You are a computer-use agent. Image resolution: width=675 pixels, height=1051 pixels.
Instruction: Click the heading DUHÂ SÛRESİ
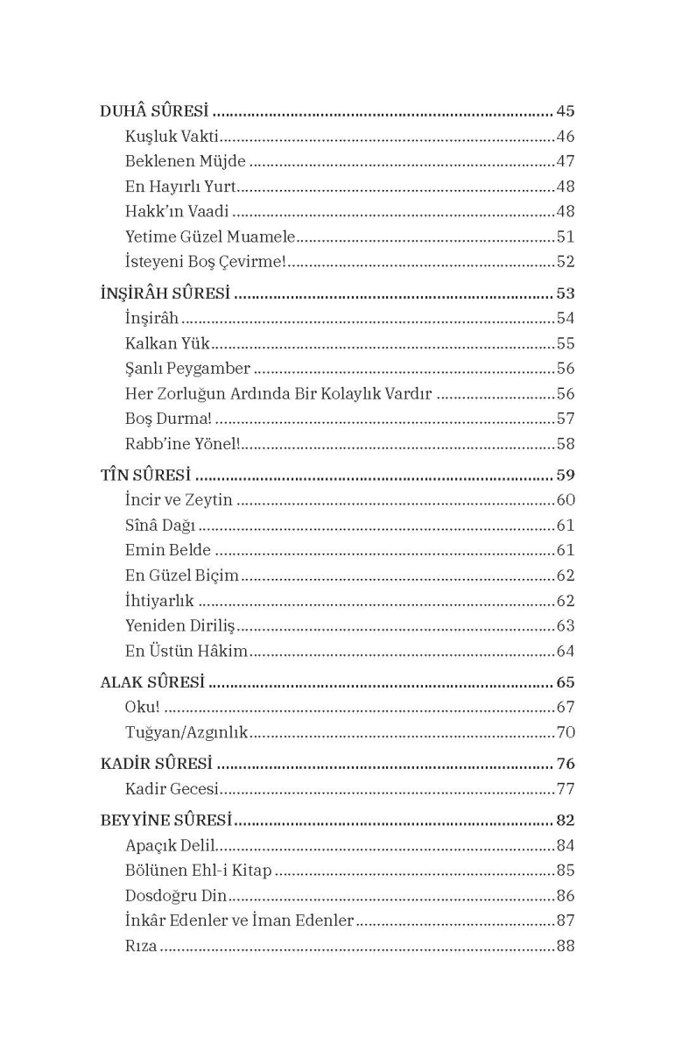coord(154,112)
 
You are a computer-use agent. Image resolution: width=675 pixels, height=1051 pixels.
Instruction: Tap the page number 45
coord(565,112)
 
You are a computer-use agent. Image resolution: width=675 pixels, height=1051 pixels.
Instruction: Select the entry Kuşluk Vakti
coord(172,137)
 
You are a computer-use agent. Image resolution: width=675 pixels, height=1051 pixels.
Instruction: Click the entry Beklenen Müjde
coord(186,162)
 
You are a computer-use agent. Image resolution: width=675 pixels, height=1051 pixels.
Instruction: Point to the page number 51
coord(566,236)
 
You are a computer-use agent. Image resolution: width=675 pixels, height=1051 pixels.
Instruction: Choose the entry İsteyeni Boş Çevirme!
coord(206,262)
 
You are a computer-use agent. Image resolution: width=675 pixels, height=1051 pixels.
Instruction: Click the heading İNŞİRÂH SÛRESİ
coord(165,293)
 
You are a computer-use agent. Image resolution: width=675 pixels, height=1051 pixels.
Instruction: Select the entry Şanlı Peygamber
coord(188,369)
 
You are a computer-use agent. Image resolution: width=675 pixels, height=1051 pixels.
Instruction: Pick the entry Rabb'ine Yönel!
coord(182,444)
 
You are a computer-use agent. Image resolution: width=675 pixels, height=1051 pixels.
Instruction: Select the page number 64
coord(566,652)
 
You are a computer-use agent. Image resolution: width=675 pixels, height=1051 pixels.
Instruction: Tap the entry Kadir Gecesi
coord(172,789)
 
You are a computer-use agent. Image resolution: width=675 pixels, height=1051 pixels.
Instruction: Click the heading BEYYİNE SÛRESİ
coord(165,822)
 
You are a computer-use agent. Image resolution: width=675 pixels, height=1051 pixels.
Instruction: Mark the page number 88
coord(566,946)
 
